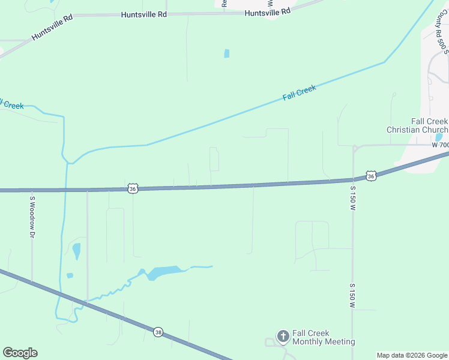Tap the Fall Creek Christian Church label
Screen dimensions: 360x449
pos(417,125)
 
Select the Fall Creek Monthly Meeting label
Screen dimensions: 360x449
pos(324,337)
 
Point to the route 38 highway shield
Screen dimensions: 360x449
pos(158,332)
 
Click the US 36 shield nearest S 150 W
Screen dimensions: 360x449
pos(372,176)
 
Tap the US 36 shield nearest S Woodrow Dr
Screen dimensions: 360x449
pos(133,188)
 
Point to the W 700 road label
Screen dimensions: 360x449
pos(440,145)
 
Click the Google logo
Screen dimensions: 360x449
pos(20,352)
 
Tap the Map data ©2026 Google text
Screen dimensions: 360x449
pos(412,355)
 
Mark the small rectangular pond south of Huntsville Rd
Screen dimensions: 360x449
pos(226,53)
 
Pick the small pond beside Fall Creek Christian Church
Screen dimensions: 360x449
pos(439,137)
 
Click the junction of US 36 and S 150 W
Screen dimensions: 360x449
pos(354,179)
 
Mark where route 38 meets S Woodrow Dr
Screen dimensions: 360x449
pos(32,282)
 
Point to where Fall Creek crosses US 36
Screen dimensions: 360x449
pos(65,190)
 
